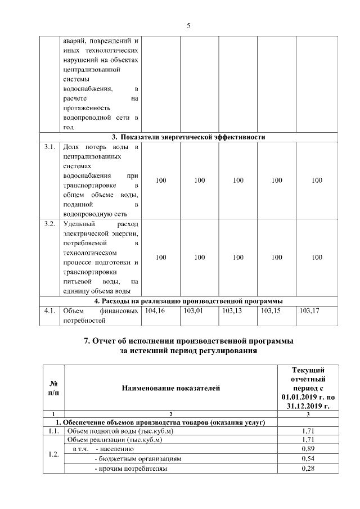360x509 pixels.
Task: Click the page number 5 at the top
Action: pyautogui.click(x=188, y=25)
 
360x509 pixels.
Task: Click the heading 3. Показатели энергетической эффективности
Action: pyautogui.click(x=188, y=137)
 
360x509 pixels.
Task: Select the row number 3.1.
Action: pyautogui.click(x=49, y=147)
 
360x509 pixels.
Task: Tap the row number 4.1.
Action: pyautogui.click(x=49, y=310)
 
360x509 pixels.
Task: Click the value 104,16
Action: pyautogui.click(x=155, y=310)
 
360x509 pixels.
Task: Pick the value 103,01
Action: pyautogui.click(x=193, y=310)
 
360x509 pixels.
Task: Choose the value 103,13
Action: pyautogui.click(x=232, y=310)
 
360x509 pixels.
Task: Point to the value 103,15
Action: pyautogui.click(x=271, y=310)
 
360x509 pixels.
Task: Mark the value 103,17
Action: pyautogui.click(x=310, y=310)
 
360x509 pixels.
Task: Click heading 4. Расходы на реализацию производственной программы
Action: pyautogui.click(x=188, y=300)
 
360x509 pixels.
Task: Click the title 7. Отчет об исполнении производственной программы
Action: pyautogui.click(x=188, y=341)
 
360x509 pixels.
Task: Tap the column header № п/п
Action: pyautogui.click(x=53, y=387)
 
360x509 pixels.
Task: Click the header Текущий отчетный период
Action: pyautogui.click(x=308, y=387)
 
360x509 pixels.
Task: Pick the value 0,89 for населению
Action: pyautogui.click(x=308, y=449)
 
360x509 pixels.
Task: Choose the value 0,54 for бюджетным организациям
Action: pyautogui.click(x=308, y=458)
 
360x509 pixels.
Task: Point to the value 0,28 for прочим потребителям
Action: pyautogui.click(x=308, y=469)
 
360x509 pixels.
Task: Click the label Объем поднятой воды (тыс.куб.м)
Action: pyautogui.click(x=120, y=431)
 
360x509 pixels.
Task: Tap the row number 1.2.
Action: pyautogui.click(x=53, y=454)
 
